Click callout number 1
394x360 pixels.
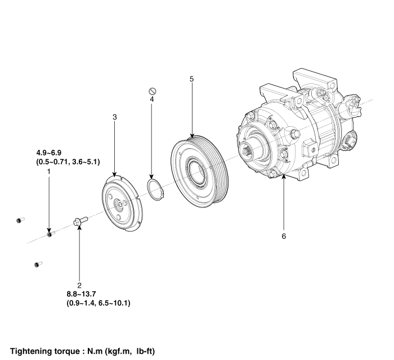(x=49, y=172)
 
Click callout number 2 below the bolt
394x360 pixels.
(x=79, y=285)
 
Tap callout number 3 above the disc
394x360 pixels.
(x=115, y=117)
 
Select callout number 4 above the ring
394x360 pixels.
(x=152, y=99)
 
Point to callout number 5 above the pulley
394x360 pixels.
(x=192, y=79)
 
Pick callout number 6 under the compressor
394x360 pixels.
(x=284, y=236)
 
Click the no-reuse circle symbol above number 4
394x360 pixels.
(x=153, y=91)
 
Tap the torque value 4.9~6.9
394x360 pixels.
(x=49, y=153)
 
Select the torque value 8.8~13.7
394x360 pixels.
(x=81, y=294)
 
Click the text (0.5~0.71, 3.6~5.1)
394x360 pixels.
(x=68, y=162)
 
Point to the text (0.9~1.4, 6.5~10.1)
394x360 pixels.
(x=98, y=303)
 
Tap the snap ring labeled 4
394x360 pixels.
(x=155, y=189)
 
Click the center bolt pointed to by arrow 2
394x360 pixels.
(x=80, y=221)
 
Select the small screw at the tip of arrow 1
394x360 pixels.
(x=51, y=234)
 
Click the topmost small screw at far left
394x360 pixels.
(x=20, y=220)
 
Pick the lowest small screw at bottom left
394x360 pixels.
(x=38, y=264)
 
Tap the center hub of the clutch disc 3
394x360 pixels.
(x=119, y=203)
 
